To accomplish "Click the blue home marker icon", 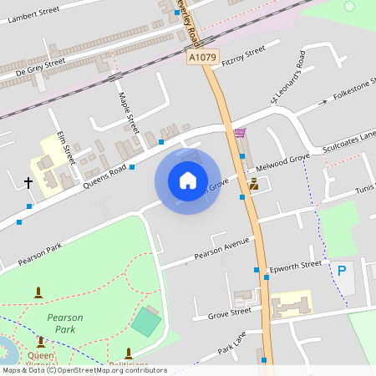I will [x=188, y=180].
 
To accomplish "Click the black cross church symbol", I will [x=28, y=181].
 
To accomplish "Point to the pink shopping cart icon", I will [x=241, y=133].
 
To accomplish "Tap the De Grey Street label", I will [x=40, y=68].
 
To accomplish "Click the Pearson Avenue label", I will [x=222, y=247].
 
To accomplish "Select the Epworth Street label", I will [x=296, y=267].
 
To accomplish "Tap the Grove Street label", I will [x=229, y=312].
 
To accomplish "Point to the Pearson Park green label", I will [x=65, y=323].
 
